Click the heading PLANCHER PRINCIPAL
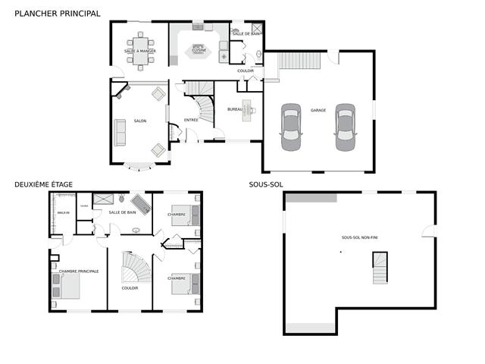57,13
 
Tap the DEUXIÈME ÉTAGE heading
43,184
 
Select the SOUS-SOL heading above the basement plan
266,184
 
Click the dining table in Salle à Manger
140,52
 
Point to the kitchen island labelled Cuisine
202,52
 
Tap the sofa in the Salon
120,132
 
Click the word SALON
140,121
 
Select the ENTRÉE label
192,120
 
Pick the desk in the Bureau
247,110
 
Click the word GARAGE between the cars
318,110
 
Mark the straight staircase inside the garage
298,60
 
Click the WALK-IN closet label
63,213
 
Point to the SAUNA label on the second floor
84,206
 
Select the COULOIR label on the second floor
130,288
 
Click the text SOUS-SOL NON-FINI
361,237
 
